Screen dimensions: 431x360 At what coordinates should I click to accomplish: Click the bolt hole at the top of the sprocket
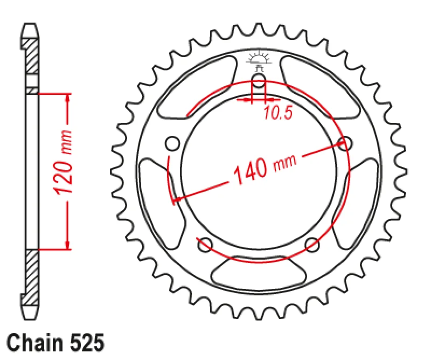(259, 81)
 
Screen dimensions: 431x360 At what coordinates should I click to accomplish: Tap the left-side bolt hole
(173, 143)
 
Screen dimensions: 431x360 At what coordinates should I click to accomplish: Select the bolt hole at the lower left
(205, 245)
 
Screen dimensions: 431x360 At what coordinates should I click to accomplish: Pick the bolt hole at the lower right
(312, 245)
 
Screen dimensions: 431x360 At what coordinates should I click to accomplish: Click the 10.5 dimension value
(278, 113)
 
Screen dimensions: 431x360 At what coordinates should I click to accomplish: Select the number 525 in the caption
(87, 343)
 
